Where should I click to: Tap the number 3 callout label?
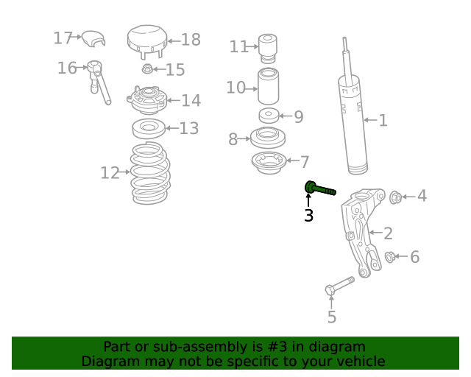[x=308, y=216]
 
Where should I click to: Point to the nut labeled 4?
[x=394, y=197]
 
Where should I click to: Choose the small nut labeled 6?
[x=390, y=257]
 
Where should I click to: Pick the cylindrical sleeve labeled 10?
[x=269, y=88]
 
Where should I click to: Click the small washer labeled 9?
[x=269, y=116]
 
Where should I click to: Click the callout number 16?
[x=66, y=68]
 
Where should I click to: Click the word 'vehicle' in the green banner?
[x=358, y=362]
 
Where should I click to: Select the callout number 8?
[x=233, y=139]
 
